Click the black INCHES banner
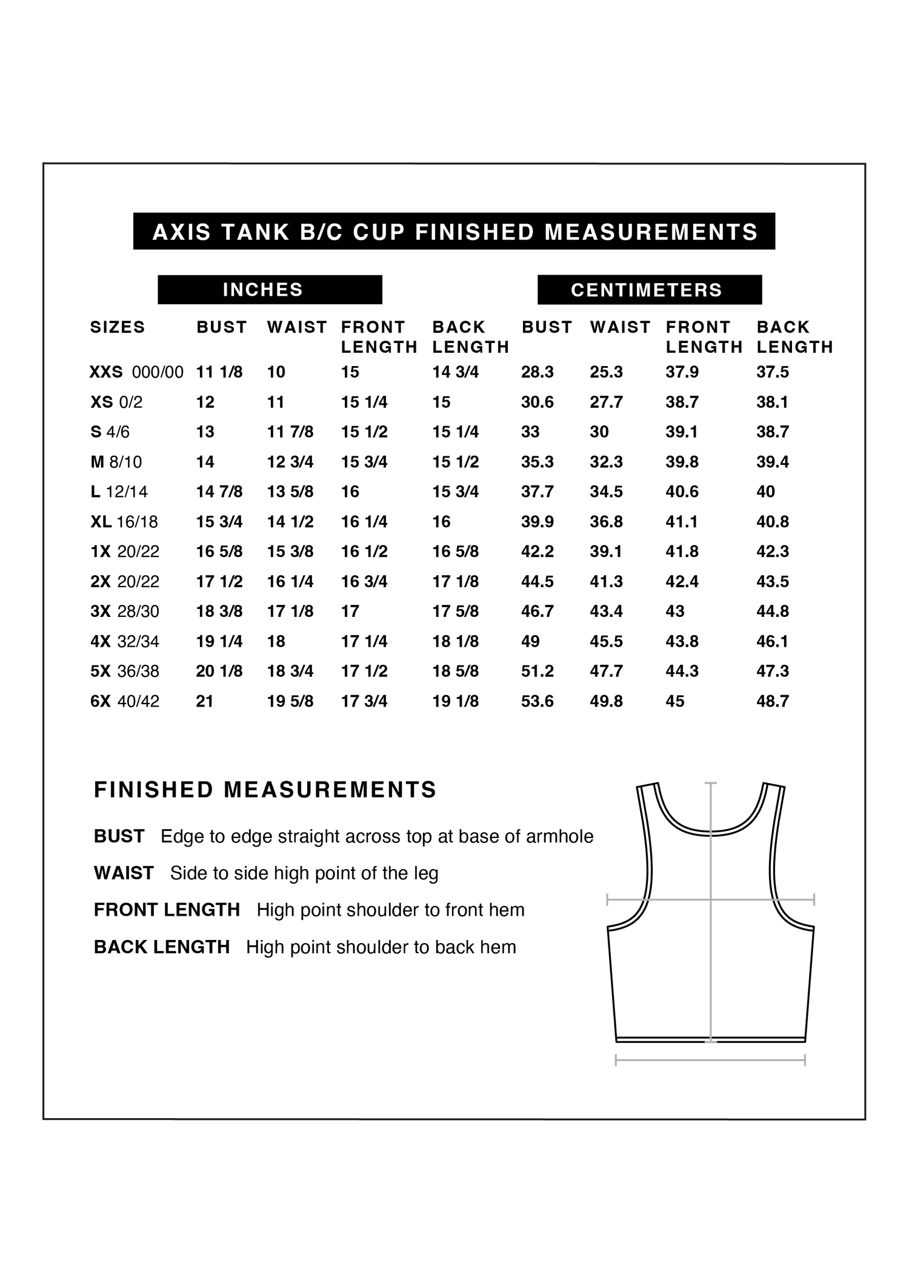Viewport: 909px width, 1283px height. click(x=270, y=290)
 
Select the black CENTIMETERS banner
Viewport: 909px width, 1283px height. click(x=649, y=290)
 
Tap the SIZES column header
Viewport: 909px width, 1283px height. click(x=118, y=327)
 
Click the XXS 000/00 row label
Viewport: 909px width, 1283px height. click(x=136, y=372)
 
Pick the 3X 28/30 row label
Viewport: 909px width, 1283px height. click(x=125, y=611)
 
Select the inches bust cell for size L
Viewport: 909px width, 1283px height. click(x=219, y=492)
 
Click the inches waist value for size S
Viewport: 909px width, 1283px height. click(x=290, y=432)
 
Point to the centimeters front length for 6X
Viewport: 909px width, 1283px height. click(x=674, y=701)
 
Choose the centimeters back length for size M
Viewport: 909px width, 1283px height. click(x=772, y=462)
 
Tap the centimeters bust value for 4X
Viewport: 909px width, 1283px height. click(x=530, y=641)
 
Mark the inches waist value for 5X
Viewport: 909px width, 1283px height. click(x=290, y=671)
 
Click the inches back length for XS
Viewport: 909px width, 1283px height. click(x=441, y=402)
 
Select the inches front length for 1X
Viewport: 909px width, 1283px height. click(x=364, y=552)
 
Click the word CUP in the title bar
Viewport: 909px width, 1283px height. click(x=379, y=232)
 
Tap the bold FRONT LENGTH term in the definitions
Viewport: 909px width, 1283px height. click(x=167, y=910)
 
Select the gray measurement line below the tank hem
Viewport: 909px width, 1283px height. click(x=710, y=1060)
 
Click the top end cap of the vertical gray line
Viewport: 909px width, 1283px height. click(x=711, y=783)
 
